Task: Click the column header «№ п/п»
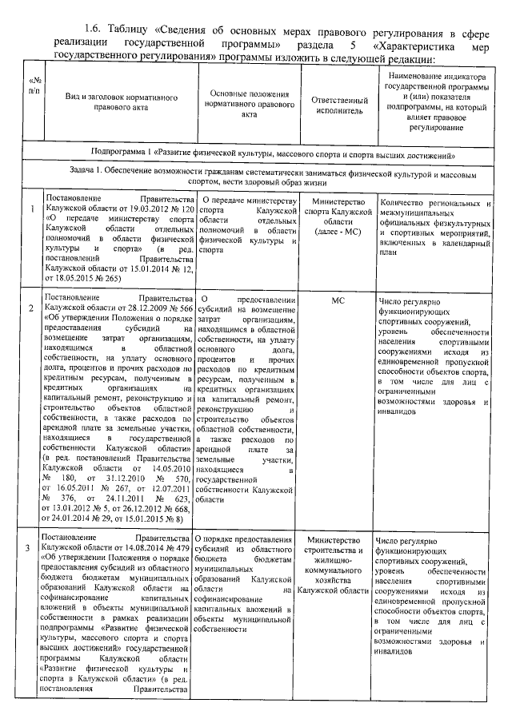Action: pos(33,86)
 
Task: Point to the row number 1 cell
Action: pos(31,209)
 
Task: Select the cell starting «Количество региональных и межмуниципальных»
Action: pos(434,226)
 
